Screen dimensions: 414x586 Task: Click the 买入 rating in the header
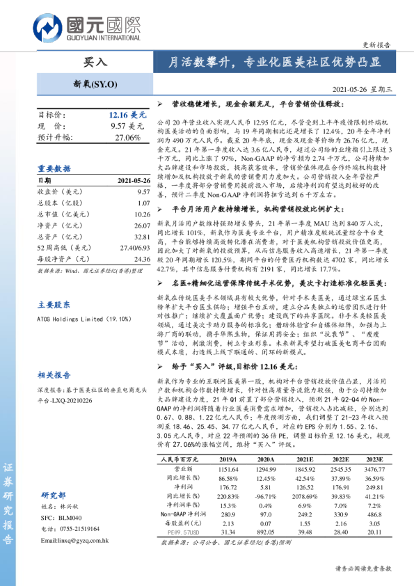coord(95,62)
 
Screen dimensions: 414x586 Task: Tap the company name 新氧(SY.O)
coord(95,85)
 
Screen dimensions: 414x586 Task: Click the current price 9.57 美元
coord(127,126)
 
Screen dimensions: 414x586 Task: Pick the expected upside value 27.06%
coord(128,137)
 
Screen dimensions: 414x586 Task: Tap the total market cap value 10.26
coord(143,214)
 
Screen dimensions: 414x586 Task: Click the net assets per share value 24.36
coord(142,259)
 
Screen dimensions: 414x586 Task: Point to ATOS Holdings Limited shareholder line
coord(84,319)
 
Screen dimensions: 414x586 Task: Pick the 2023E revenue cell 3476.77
coord(374,470)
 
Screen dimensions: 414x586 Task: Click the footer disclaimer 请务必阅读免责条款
coord(363,569)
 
